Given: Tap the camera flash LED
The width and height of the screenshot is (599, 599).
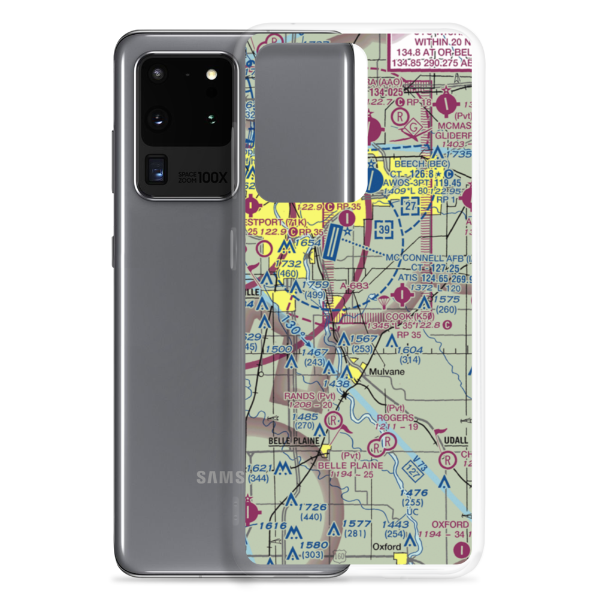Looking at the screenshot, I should coord(210,75).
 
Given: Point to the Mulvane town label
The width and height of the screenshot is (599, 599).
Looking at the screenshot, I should coord(386,371).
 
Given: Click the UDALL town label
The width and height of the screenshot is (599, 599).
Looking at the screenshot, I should coord(455,440).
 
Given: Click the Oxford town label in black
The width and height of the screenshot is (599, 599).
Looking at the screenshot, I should coord(386,547).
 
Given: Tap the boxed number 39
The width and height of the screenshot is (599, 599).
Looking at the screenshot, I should coord(386,229).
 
